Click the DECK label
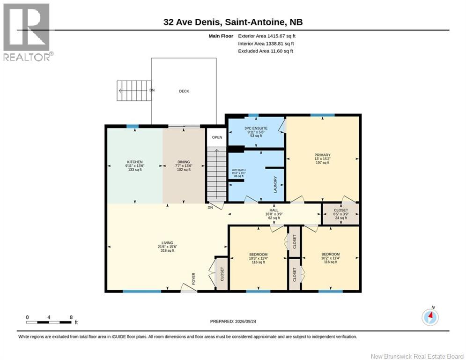(184, 91)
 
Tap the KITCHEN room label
(135, 162)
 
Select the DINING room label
(184, 162)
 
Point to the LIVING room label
(167, 243)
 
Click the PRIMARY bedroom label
(323, 155)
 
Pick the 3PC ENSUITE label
(256, 128)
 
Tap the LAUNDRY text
(275, 185)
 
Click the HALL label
(274, 210)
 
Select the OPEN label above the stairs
(217, 137)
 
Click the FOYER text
(194, 279)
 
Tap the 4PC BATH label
(239, 170)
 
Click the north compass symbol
(430, 317)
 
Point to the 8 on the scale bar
(71, 317)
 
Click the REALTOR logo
(28, 32)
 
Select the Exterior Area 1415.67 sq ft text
(266, 36)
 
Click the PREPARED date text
(233, 321)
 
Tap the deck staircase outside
(134, 90)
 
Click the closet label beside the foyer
(222, 274)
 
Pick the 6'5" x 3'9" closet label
(341, 214)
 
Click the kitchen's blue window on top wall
(133, 127)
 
